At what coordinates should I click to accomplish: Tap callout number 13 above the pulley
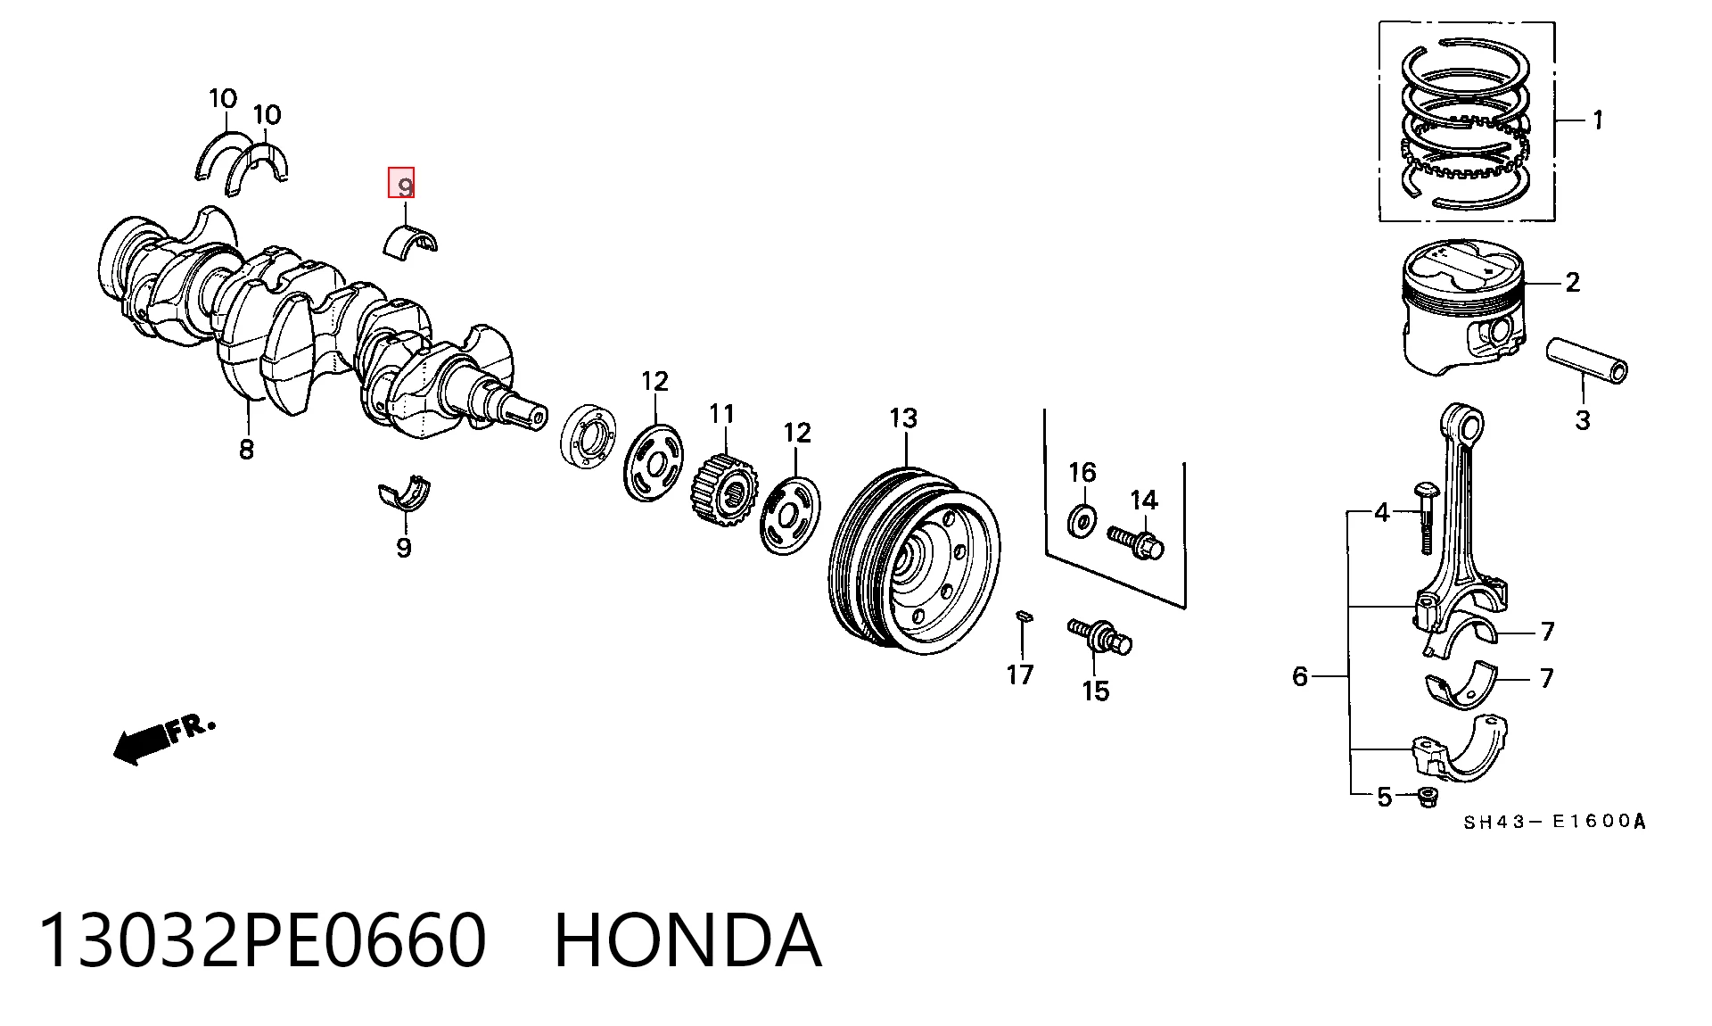point(902,418)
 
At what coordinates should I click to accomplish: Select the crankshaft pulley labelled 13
point(914,562)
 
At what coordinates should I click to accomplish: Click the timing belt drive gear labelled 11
point(725,491)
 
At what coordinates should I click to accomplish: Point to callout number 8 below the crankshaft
point(246,449)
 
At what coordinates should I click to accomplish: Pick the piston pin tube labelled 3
point(1586,359)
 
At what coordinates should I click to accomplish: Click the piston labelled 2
point(1463,305)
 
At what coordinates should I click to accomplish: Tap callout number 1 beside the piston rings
point(1598,120)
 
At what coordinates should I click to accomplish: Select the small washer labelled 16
point(1082,520)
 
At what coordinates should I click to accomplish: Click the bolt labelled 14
point(1136,541)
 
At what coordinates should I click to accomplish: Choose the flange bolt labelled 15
point(1100,636)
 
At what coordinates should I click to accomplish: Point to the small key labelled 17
point(1025,615)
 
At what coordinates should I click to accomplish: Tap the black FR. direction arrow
point(143,743)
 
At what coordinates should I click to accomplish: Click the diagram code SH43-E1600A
point(1554,822)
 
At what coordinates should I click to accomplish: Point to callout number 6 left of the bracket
point(1300,676)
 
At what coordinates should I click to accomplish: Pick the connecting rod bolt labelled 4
point(1425,518)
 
